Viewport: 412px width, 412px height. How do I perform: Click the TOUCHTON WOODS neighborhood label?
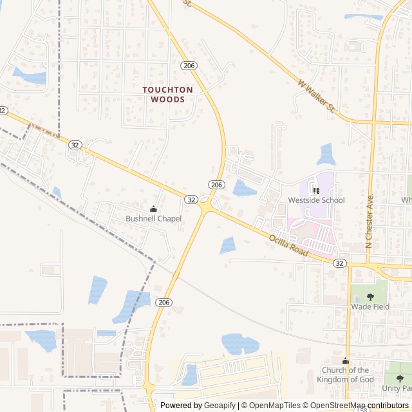[167, 95]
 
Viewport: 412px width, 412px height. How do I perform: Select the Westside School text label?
[316, 200]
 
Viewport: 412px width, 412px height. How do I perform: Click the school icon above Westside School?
[316, 191]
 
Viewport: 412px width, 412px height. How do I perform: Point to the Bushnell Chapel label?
[153, 219]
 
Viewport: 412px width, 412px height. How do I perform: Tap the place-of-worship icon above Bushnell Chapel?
[153, 209]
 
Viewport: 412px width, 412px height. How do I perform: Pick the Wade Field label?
[370, 307]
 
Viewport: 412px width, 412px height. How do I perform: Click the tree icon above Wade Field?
[370, 297]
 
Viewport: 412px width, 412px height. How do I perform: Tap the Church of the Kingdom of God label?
[345, 375]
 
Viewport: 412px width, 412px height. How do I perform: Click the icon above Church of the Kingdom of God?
[345, 361]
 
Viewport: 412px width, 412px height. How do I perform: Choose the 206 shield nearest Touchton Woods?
[189, 66]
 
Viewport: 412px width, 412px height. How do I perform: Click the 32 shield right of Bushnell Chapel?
[191, 200]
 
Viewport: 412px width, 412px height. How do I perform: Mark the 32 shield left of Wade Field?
[339, 263]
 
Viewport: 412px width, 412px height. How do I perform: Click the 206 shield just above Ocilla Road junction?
[216, 185]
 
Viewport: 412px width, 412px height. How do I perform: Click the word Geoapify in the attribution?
[220, 406]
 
